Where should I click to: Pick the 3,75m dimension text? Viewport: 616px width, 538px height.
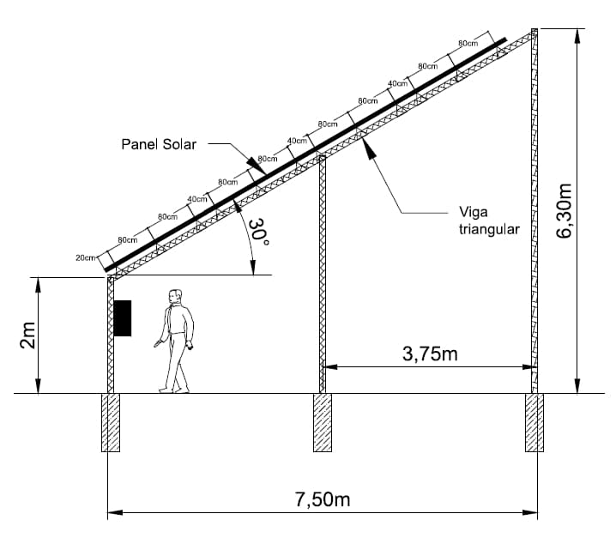tap(430, 353)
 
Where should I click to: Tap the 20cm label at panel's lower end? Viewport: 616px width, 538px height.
tap(84, 257)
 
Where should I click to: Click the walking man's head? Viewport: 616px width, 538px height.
tap(175, 297)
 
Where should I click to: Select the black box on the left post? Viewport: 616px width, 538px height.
tap(124, 317)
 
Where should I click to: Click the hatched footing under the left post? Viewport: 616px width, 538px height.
tap(111, 422)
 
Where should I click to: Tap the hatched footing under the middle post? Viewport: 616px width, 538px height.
tap(322, 422)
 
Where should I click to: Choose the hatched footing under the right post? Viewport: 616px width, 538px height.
tap(534, 422)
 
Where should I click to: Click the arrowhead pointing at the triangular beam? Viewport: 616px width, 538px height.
tap(367, 145)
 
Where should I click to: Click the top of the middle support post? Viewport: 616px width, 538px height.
tap(323, 158)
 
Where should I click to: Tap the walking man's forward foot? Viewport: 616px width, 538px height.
tap(164, 390)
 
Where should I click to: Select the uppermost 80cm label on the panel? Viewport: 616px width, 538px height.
tap(468, 43)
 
